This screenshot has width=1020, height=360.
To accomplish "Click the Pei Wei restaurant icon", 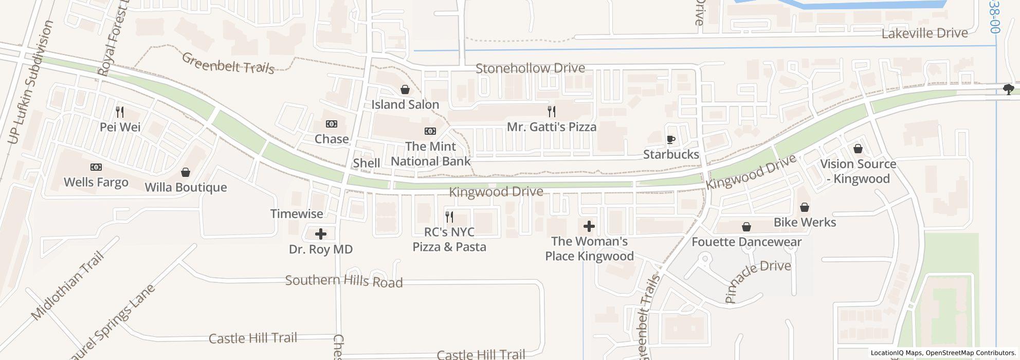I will click(x=120, y=112).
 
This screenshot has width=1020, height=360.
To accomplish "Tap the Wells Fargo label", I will click(x=96, y=182).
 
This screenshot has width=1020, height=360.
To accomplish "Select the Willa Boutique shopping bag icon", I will click(x=185, y=172).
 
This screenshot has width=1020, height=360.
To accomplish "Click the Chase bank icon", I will click(x=332, y=124).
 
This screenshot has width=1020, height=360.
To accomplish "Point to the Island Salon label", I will click(x=405, y=104).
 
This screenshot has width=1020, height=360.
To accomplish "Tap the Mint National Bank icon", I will click(x=430, y=131).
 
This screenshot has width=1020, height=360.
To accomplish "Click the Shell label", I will click(x=367, y=163).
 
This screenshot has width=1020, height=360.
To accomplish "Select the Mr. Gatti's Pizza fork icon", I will click(x=552, y=111).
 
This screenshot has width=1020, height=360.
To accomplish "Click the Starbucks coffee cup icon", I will click(x=670, y=139).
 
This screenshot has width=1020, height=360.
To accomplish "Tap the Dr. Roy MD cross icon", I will click(x=321, y=235).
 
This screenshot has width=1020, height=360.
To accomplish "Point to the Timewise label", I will click(x=297, y=213).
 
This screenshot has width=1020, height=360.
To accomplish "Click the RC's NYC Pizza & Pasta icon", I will click(x=449, y=217).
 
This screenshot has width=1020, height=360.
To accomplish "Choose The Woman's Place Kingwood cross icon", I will click(x=589, y=226).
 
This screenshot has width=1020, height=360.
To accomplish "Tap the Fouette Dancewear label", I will click(x=746, y=242).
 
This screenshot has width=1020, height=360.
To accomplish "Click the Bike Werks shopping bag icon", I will click(x=805, y=207).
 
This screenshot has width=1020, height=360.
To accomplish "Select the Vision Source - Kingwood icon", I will click(x=858, y=149).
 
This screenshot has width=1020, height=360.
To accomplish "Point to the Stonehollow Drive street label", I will click(x=530, y=68).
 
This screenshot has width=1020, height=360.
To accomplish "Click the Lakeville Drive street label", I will click(x=924, y=33).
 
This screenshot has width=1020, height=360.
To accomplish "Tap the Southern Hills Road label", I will click(x=344, y=281).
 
